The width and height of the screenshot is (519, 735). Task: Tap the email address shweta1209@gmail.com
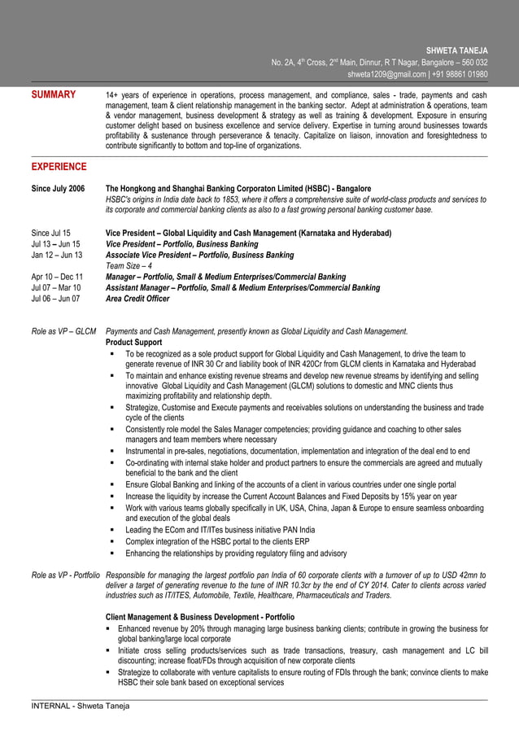[x=386, y=74]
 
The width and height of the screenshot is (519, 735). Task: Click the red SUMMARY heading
[x=54, y=95]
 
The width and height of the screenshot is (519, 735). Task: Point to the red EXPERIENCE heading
[x=59, y=167]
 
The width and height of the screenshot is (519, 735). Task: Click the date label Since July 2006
[x=58, y=188]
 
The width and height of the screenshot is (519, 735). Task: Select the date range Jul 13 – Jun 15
[x=55, y=243]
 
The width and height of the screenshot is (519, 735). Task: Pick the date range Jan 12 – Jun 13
[x=56, y=255]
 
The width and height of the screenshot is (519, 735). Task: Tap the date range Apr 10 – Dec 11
[x=56, y=277]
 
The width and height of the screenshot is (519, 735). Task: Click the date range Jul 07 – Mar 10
[x=55, y=287]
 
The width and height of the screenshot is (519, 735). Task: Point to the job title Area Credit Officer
[x=137, y=299]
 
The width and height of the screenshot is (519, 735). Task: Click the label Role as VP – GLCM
[x=63, y=331]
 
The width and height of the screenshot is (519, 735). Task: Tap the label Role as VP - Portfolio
[x=65, y=575]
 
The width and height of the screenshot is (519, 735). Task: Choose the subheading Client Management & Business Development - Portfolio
[x=200, y=617]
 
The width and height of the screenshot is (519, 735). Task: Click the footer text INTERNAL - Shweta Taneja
[x=80, y=706]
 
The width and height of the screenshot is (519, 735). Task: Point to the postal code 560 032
[x=473, y=63]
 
